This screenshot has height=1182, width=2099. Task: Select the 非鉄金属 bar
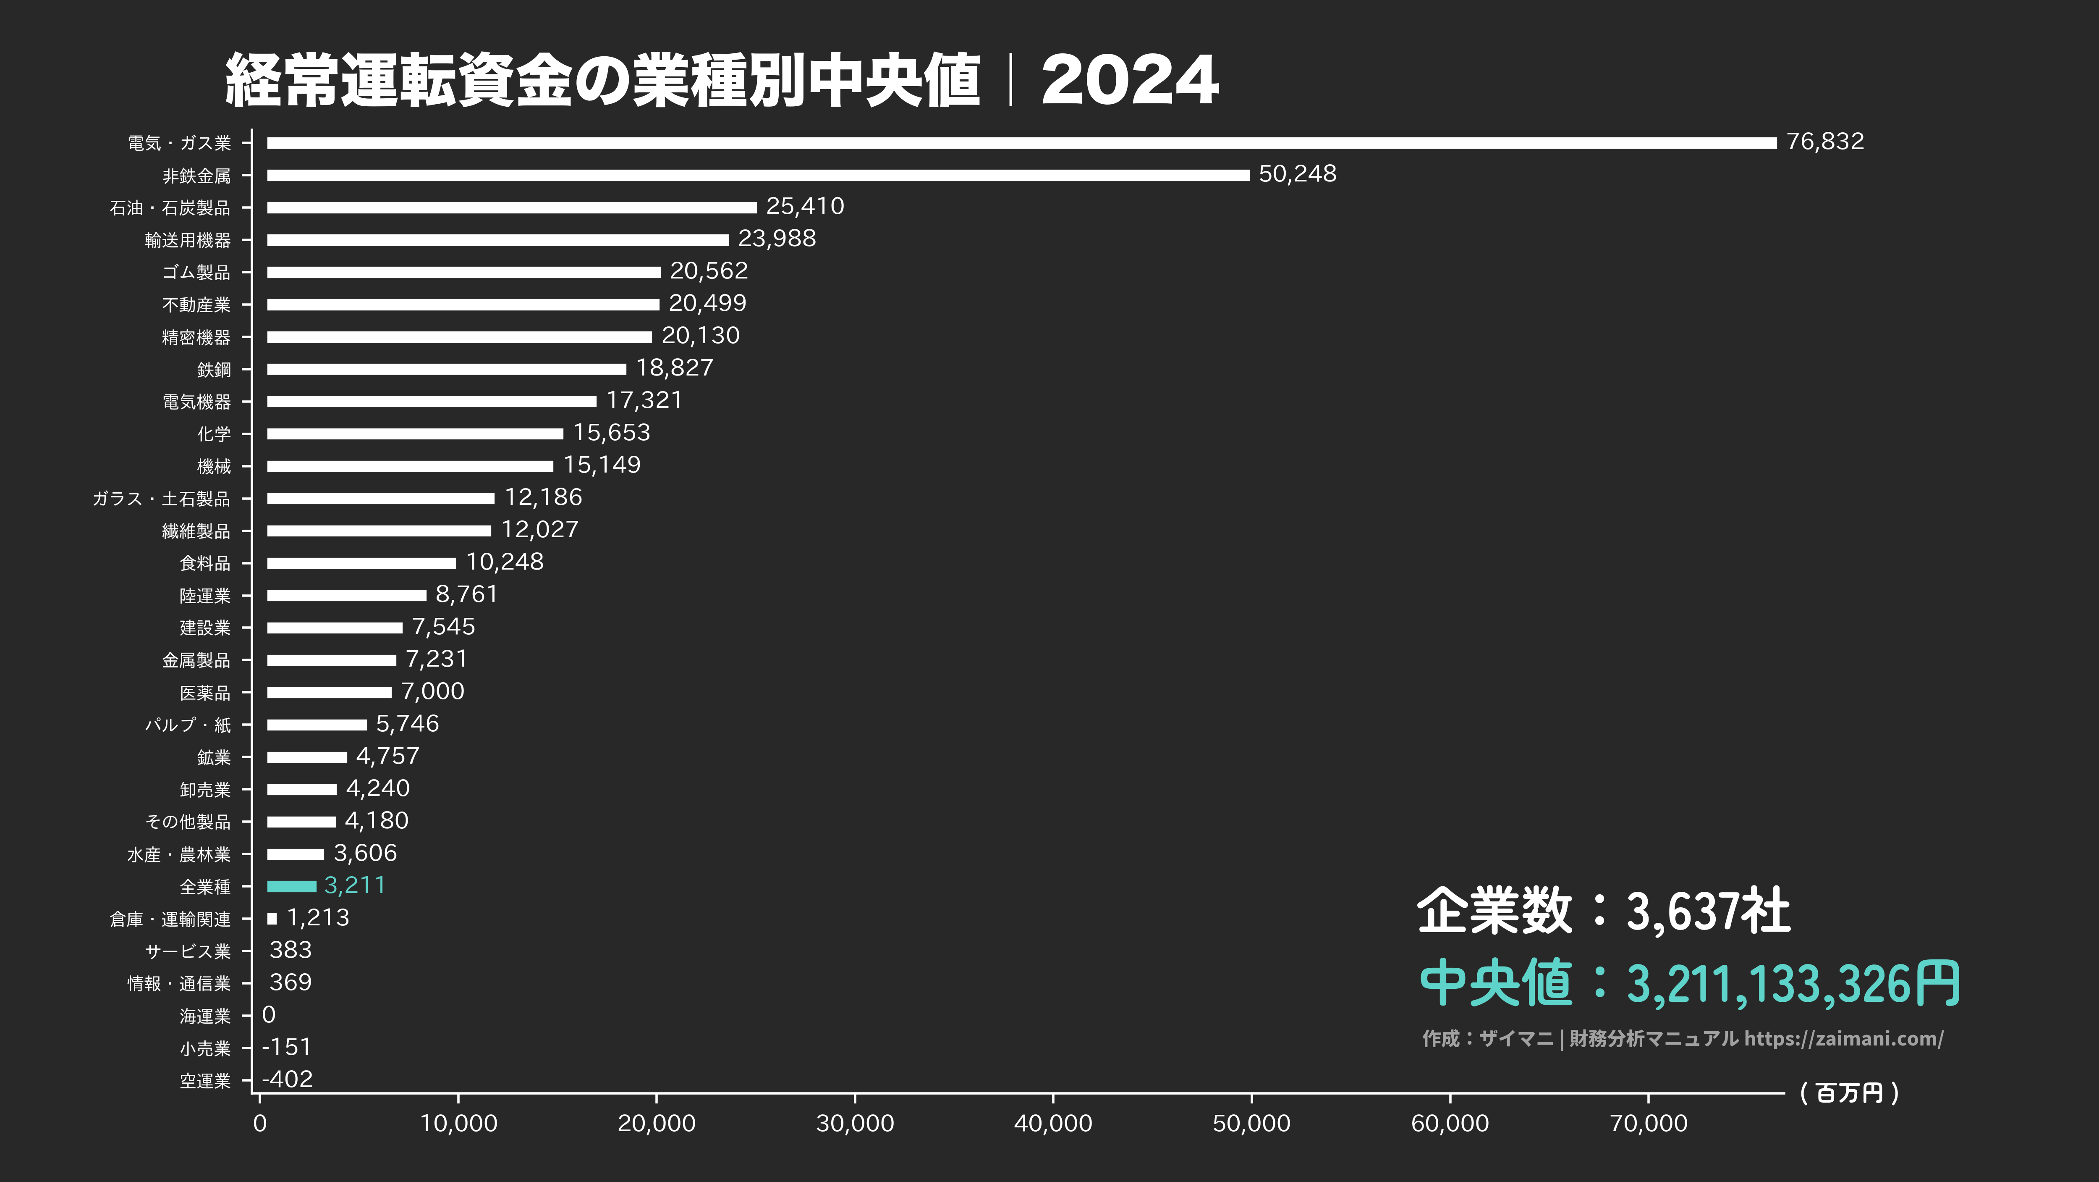click(x=758, y=175)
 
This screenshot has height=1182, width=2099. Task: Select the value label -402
click(x=288, y=1079)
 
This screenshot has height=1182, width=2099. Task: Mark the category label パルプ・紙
click(x=187, y=725)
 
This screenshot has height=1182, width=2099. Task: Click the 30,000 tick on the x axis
click(x=855, y=1123)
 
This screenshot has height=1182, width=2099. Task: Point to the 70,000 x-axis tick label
click(x=1649, y=1123)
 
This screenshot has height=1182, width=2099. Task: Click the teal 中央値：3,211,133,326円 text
click(x=1689, y=983)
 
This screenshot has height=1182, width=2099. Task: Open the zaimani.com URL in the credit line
click(x=1843, y=1038)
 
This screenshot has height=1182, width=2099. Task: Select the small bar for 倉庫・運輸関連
click(x=272, y=919)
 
